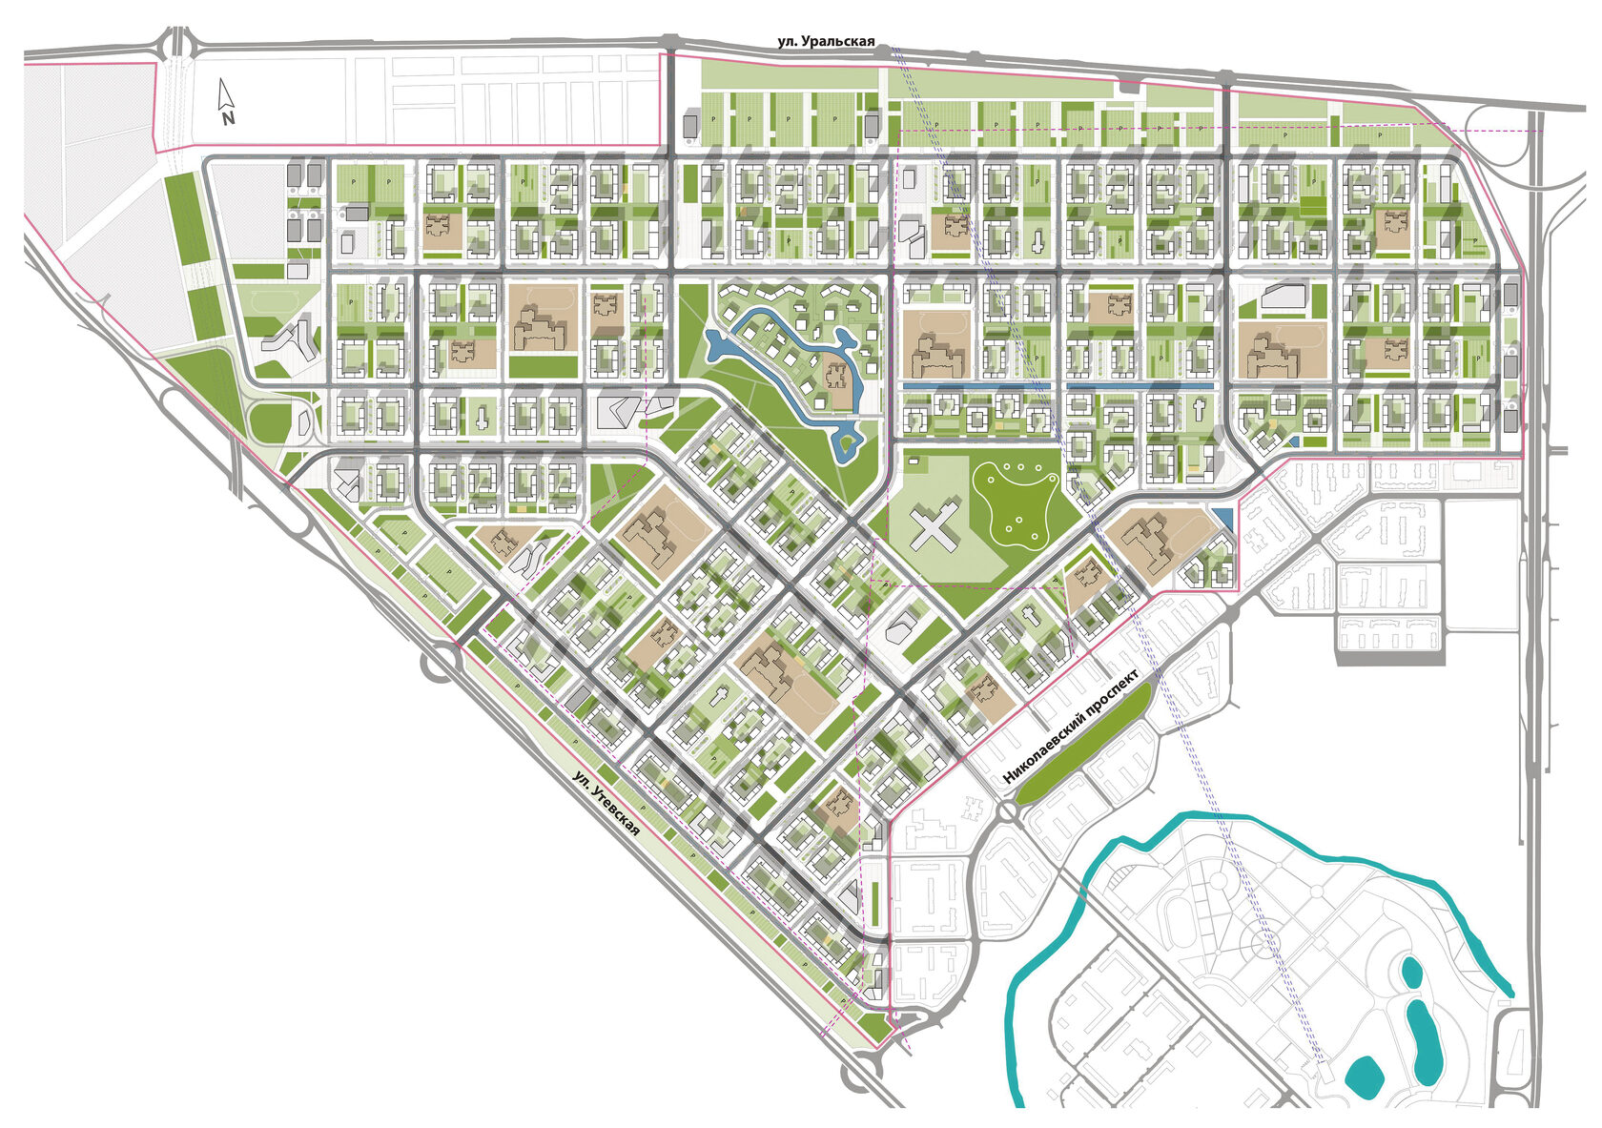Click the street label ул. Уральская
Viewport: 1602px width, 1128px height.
(826, 41)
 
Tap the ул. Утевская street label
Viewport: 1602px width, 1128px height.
(606, 804)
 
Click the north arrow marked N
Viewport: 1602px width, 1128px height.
(226, 95)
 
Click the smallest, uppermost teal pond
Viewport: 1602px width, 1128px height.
(1409, 974)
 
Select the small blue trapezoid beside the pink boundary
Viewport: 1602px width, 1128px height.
(1224, 519)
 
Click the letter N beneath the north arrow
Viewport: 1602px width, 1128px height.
(228, 119)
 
